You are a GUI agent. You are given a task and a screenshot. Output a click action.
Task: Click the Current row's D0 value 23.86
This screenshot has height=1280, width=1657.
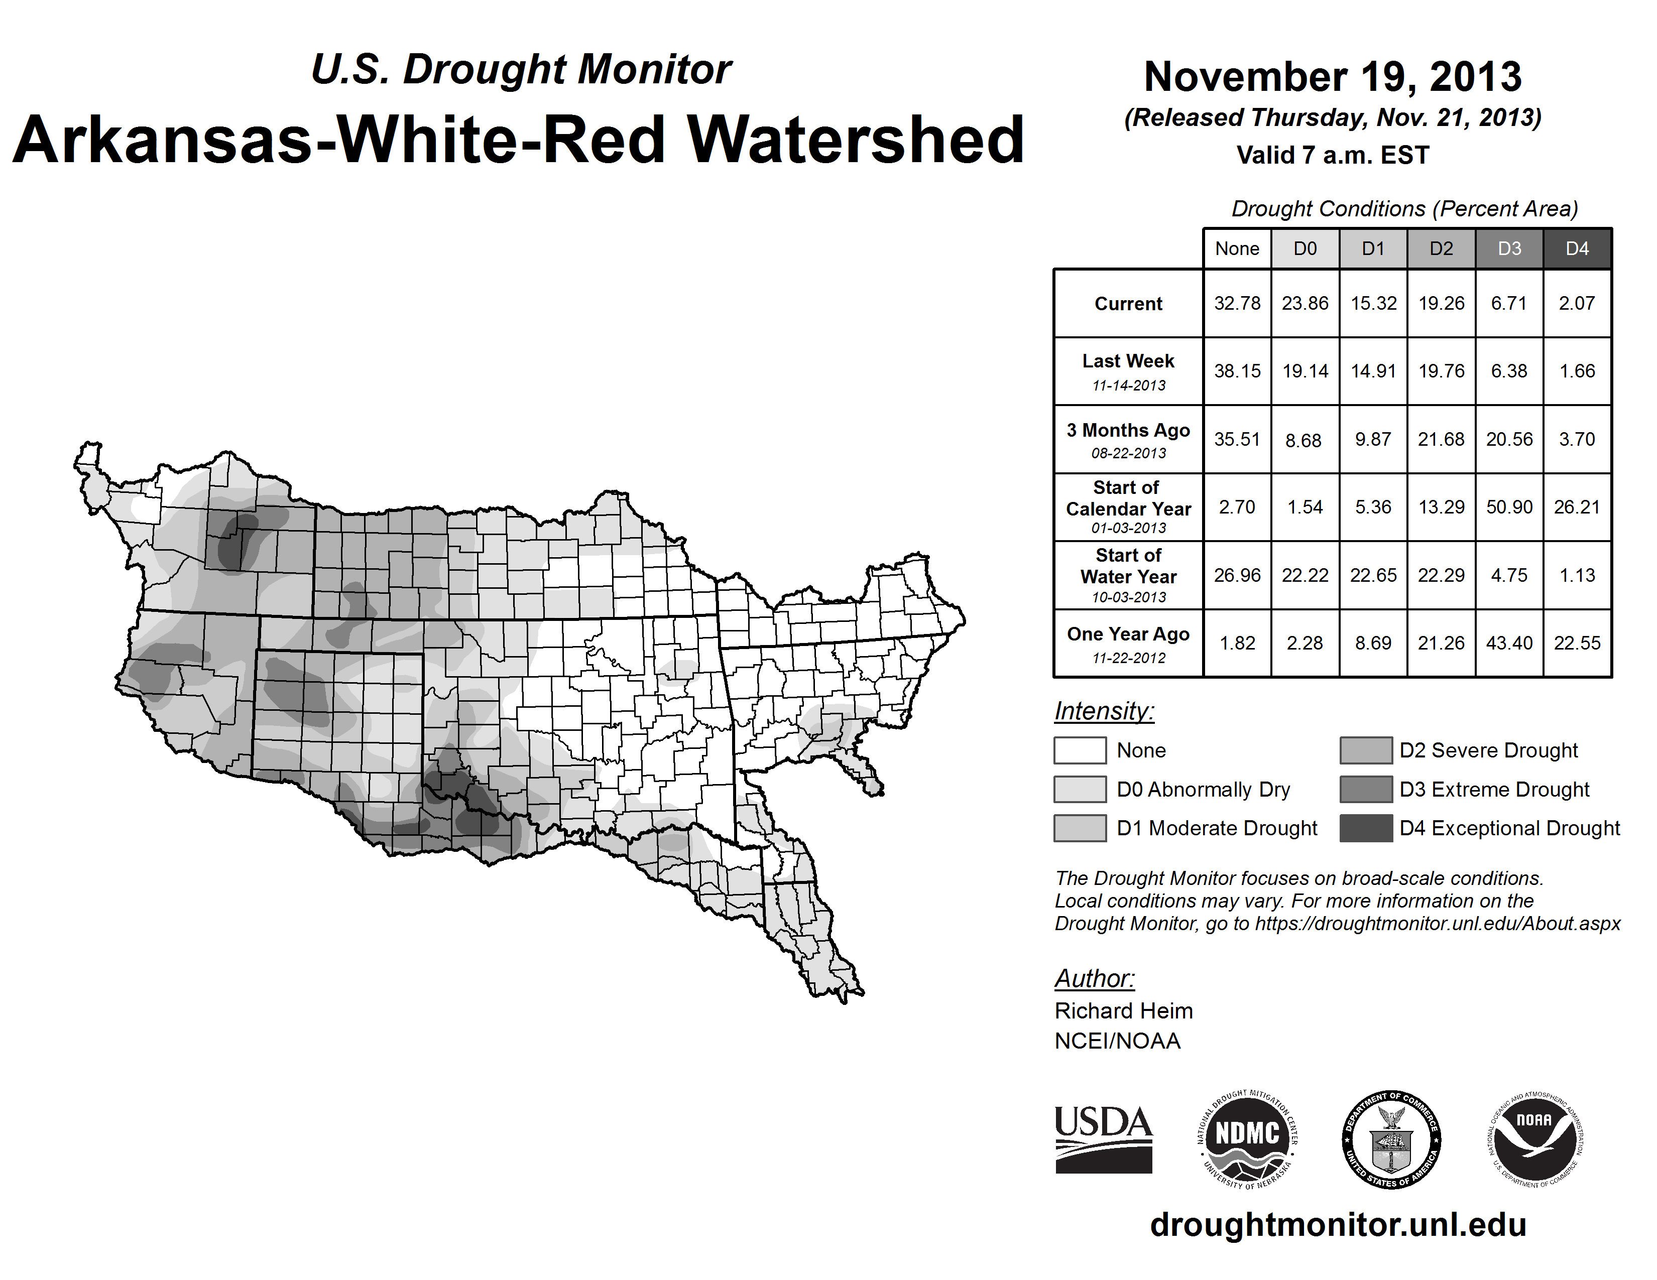coord(1305,303)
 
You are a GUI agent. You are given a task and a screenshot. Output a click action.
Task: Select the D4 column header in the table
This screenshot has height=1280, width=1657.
coord(1577,248)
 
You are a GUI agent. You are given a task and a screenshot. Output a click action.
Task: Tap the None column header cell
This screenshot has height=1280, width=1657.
coord(1237,248)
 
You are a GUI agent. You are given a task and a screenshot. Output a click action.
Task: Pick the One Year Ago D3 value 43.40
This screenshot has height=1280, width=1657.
coord(1509,643)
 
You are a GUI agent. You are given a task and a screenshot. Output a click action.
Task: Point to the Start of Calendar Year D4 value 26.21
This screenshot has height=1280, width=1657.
coord(1577,506)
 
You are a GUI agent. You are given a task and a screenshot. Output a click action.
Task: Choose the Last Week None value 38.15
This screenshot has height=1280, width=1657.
coord(1237,371)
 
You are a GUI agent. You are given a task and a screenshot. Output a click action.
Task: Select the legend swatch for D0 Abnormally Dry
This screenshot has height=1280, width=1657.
coord(1080,789)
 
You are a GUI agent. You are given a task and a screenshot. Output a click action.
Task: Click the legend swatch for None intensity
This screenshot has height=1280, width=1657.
coord(1080,750)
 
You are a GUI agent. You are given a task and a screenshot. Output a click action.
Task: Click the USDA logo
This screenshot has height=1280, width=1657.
coord(1103,1139)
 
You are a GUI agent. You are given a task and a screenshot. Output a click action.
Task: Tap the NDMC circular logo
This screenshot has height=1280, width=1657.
coord(1247,1139)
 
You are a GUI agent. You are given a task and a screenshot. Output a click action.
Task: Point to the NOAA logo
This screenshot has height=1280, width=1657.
coord(1534,1139)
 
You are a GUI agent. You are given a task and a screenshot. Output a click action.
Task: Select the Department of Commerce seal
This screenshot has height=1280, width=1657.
coord(1391,1139)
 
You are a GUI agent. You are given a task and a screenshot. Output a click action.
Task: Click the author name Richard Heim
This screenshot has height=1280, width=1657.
coord(1123,1011)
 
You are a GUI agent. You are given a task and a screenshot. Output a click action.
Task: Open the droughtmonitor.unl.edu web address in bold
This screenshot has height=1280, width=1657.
coord(1338,1225)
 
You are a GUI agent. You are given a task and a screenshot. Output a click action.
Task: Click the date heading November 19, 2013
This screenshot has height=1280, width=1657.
coord(1332,77)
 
